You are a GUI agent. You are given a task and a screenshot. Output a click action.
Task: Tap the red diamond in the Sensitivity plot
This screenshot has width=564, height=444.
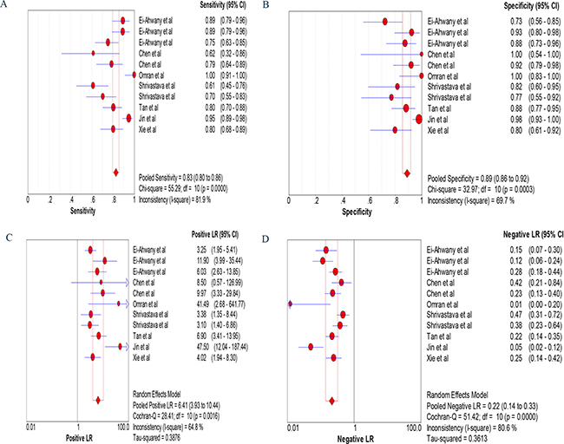point(116,173)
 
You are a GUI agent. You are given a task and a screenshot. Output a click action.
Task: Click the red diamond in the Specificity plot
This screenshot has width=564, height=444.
point(406,173)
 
